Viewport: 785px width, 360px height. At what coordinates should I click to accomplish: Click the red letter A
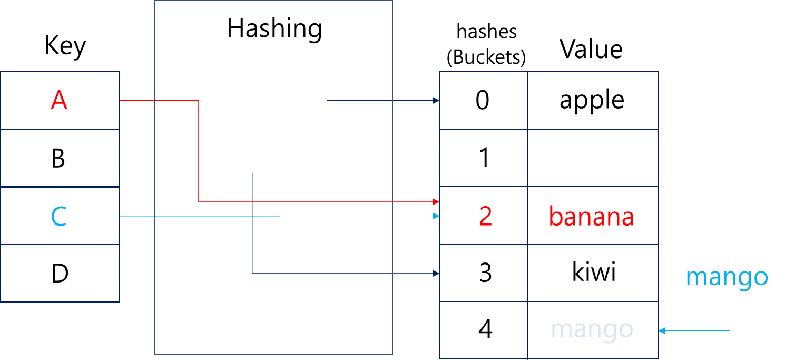coord(59,100)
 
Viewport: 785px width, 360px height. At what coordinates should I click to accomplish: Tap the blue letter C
coord(59,217)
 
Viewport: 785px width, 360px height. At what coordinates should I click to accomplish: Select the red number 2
coord(485,217)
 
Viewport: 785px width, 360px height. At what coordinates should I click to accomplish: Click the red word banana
coord(591,217)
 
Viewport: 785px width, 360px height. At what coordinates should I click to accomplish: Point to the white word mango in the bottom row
coord(591,329)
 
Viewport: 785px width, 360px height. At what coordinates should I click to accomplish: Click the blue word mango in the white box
coord(727,277)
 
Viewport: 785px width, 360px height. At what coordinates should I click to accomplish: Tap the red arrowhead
coord(436,202)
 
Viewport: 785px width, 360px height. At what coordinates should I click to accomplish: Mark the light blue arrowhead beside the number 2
coord(436,216)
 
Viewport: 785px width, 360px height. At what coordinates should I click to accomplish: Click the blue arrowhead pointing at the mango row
coord(662,331)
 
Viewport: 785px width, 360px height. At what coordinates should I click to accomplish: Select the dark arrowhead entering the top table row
coord(436,100)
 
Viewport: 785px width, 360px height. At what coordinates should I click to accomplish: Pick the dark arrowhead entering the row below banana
coord(436,274)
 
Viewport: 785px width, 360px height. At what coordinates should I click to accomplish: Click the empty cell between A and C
coord(60,158)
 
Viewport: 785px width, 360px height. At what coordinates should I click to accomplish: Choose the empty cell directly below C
coord(60,273)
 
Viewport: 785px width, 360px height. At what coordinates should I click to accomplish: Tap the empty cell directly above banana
coord(593,158)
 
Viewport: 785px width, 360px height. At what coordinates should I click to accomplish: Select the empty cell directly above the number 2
coord(483,158)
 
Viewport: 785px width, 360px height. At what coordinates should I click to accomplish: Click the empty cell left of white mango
coord(483,330)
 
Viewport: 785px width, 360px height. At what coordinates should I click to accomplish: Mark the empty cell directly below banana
coord(593,273)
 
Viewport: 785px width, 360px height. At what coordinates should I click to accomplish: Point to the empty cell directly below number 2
coord(483,273)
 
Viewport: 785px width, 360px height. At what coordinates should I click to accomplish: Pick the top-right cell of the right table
coord(593,100)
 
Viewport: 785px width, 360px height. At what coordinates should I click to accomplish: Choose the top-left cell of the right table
coord(483,100)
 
